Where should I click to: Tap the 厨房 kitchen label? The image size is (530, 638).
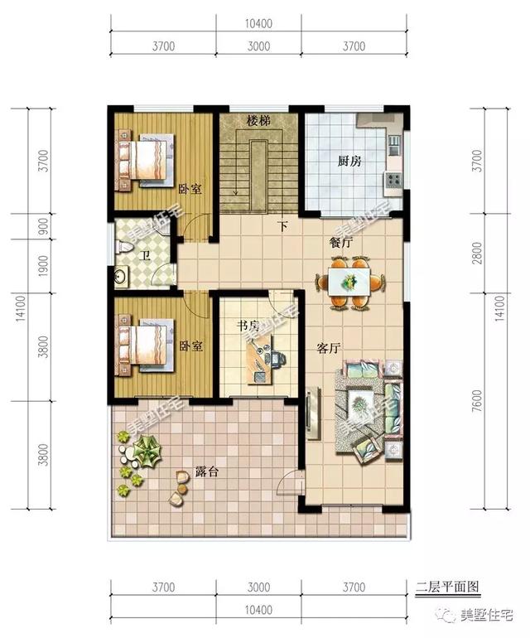(350, 161)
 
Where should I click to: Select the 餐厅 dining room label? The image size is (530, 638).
(341, 244)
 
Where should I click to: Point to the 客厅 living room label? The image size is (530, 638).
(329, 349)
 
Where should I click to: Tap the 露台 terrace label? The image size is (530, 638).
(218, 472)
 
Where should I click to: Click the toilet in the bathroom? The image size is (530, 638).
(121, 244)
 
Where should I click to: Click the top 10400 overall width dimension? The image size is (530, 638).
(259, 22)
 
